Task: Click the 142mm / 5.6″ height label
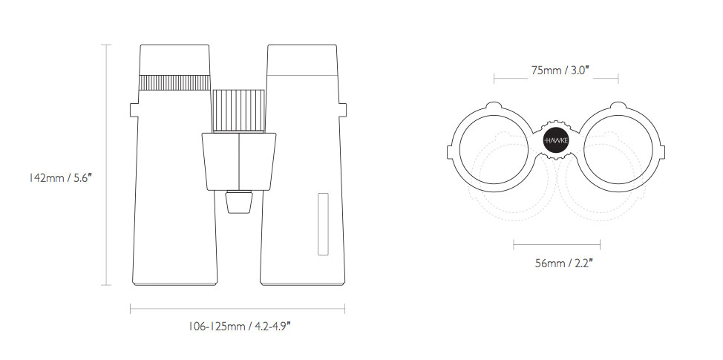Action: click(x=60, y=178)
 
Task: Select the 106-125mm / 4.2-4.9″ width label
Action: click(x=239, y=327)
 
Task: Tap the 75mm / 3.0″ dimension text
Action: click(x=560, y=71)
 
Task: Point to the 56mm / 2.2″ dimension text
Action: click(x=564, y=264)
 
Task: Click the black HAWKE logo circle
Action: click(x=556, y=140)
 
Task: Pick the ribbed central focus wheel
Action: click(x=238, y=111)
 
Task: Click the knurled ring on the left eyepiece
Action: click(x=174, y=82)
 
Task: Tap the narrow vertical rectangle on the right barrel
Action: click(x=323, y=224)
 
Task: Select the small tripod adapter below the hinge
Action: click(x=239, y=202)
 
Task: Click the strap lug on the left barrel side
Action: click(x=134, y=110)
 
